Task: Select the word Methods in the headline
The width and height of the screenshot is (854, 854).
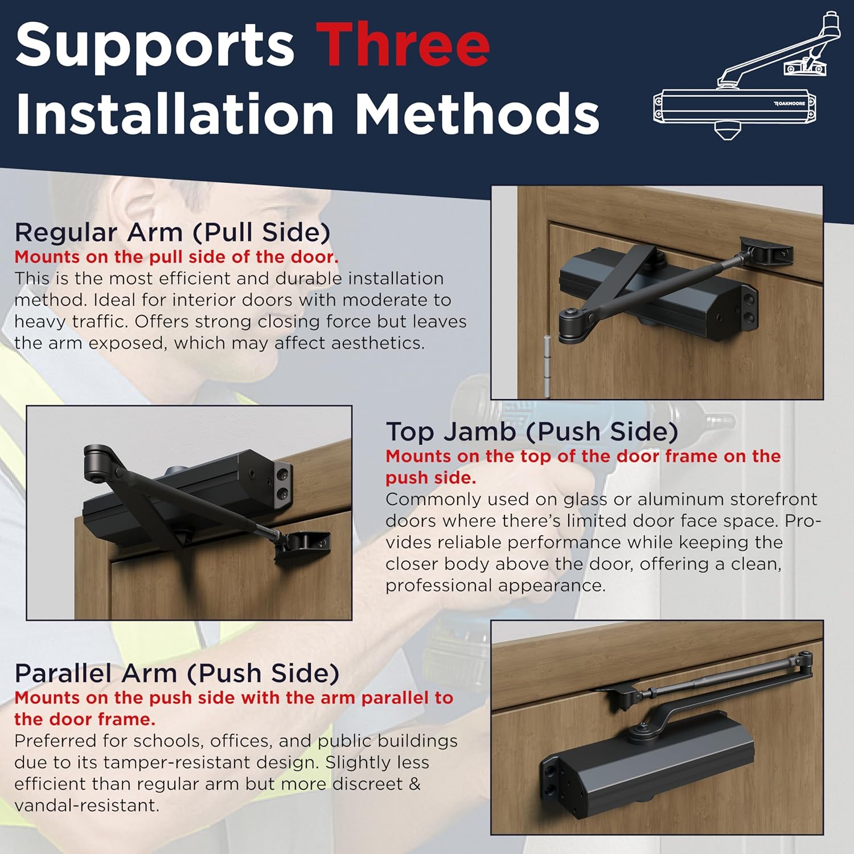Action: click(x=477, y=113)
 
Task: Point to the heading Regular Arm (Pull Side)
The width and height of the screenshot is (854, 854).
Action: click(x=173, y=232)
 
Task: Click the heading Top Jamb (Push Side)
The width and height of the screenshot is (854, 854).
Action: click(x=532, y=432)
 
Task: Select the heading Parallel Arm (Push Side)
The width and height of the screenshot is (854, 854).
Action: click(x=177, y=673)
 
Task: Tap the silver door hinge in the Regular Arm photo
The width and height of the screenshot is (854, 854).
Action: click(x=547, y=366)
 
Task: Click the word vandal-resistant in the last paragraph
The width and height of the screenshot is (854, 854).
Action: click(x=87, y=806)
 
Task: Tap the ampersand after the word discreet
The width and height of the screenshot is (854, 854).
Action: click(x=414, y=784)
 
